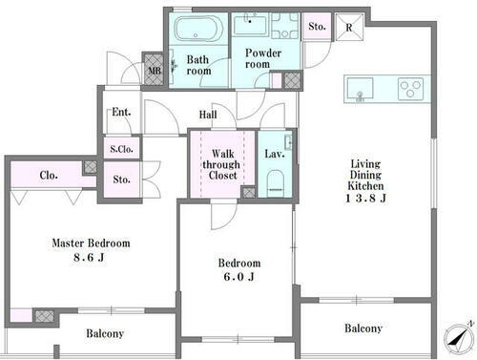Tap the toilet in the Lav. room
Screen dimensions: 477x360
pyautogui.click(x=276, y=183)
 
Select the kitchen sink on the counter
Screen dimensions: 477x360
pyautogui.click(x=360, y=89)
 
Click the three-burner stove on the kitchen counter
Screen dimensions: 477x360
pyautogui.click(x=410, y=89)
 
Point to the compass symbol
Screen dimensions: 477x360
pyautogui.click(x=458, y=339)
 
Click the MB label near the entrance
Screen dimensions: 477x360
pyautogui.click(x=155, y=71)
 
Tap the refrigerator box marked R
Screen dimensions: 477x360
pyautogui.click(x=349, y=27)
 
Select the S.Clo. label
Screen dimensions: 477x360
pyautogui.click(x=121, y=149)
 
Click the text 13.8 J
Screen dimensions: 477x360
pyautogui.click(x=365, y=198)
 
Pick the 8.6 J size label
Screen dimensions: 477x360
pyautogui.click(x=89, y=257)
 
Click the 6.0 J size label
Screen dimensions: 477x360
pyautogui.click(x=238, y=276)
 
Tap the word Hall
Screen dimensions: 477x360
pyautogui.click(x=208, y=115)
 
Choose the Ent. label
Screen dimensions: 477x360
pyautogui.click(x=121, y=112)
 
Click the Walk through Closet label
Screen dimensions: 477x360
pyautogui.click(x=222, y=164)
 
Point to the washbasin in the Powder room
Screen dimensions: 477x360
pyautogui.click(x=251, y=24)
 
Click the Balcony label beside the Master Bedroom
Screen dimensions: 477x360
pyautogui.click(x=105, y=333)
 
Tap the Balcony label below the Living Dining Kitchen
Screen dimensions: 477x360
pyautogui.click(x=363, y=328)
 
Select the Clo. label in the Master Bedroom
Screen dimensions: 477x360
pyautogui.click(x=49, y=175)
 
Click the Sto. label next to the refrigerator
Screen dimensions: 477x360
pyautogui.click(x=317, y=26)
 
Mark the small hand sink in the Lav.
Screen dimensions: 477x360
pyautogui.click(x=289, y=142)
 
